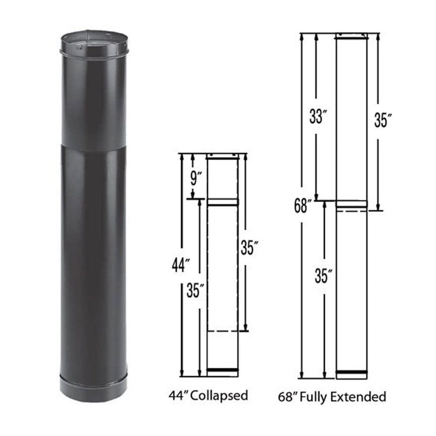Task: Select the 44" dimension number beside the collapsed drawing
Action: [180, 266]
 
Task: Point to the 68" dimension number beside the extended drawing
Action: [301, 207]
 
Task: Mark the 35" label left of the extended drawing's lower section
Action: [324, 276]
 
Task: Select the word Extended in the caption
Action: [362, 396]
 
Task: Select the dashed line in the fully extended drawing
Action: [351, 212]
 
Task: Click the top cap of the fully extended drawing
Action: [351, 37]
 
